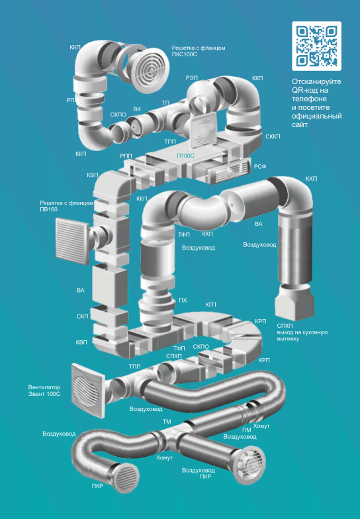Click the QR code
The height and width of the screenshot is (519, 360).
(x=316, y=46)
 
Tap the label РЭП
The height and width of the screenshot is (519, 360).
(x=192, y=77)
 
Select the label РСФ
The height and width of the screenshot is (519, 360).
(x=260, y=167)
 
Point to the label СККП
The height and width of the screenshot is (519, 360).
(x=273, y=136)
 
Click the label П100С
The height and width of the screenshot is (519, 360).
(x=185, y=156)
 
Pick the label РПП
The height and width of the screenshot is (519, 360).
(x=126, y=156)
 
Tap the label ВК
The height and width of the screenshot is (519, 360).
(x=137, y=109)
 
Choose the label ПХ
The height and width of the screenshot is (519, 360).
(x=183, y=301)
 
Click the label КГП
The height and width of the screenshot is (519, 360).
(x=210, y=305)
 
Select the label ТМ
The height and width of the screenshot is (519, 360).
(x=167, y=422)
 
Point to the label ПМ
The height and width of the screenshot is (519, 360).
(x=246, y=430)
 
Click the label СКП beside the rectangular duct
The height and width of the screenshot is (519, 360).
(x=83, y=316)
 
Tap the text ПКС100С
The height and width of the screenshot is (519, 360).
(x=184, y=54)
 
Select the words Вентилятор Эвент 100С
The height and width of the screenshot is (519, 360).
(x=44, y=391)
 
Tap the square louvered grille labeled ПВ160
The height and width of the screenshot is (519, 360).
(x=72, y=241)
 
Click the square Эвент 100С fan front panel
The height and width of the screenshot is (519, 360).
(x=89, y=389)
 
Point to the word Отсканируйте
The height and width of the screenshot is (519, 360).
(x=316, y=82)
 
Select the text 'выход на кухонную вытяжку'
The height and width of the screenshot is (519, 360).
(x=302, y=336)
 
